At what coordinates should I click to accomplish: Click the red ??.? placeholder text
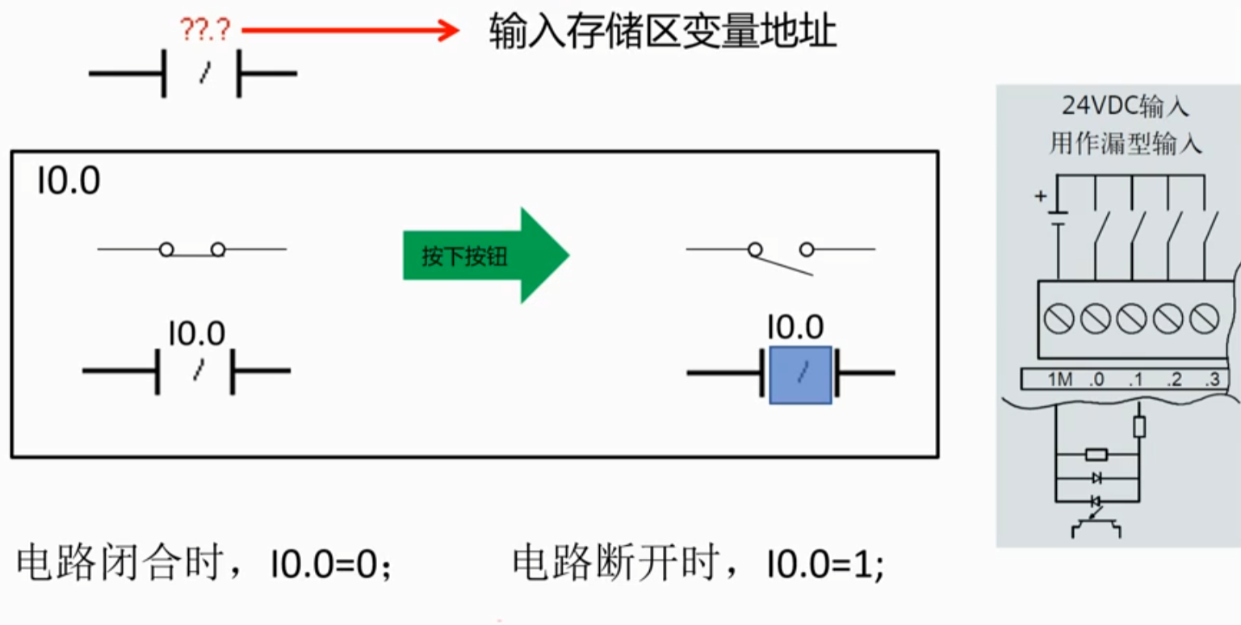pyautogui.click(x=205, y=29)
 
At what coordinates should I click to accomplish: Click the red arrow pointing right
pyautogui.click(x=350, y=30)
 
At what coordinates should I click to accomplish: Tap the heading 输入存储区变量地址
pyautogui.click(x=663, y=31)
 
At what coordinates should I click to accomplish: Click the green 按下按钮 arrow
pyautogui.click(x=486, y=255)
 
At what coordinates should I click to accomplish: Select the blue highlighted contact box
pyautogui.click(x=801, y=375)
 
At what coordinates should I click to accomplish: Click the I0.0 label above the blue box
pyautogui.click(x=795, y=327)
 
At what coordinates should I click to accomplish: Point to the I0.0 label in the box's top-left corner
pyautogui.click(x=69, y=181)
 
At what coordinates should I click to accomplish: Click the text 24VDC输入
pyautogui.click(x=1126, y=106)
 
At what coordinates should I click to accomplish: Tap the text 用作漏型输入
pyautogui.click(x=1126, y=144)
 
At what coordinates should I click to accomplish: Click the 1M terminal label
pyautogui.click(x=1060, y=380)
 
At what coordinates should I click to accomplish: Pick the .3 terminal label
pyautogui.click(x=1212, y=380)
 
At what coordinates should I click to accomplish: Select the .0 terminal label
pyautogui.click(x=1096, y=380)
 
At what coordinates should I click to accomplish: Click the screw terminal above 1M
pyautogui.click(x=1059, y=319)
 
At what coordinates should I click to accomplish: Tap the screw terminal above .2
pyautogui.click(x=1168, y=319)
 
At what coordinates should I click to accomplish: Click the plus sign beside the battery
pyautogui.click(x=1041, y=196)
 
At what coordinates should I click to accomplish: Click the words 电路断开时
pyautogui.click(x=615, y=563)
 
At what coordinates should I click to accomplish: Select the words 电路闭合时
pyautogui.click(x=119, y=563)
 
